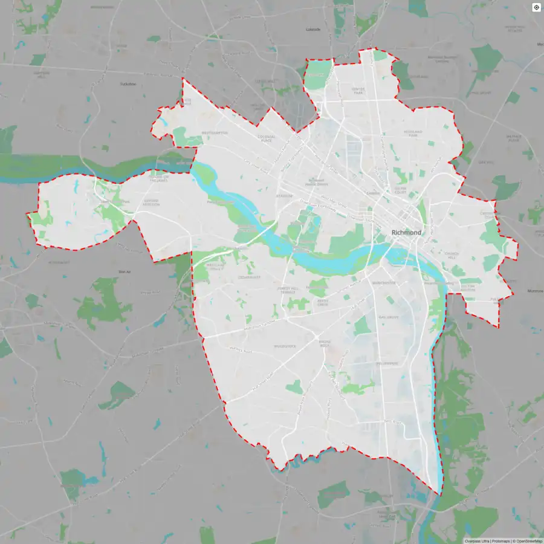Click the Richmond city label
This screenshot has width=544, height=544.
pyautogui.click(x=407, y=233)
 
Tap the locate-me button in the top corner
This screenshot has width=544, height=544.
pyautogui.click(x=536, y=7)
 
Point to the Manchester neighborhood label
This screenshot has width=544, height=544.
pyautogui.click(x=384, y=283)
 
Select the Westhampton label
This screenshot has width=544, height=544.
pyautogui.click(x=215, y=132)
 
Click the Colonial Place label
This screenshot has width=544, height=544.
pyautogui.click(x=267, y=138)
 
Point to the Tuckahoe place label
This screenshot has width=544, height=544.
pyautogui.click(x=129, y=84)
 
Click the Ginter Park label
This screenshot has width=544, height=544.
pyautogui.click(x=359, y=91)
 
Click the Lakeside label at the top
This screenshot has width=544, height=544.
pyautogui.click(x=313, y=29)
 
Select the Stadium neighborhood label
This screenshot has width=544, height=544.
pyautogui.click(x=284, y=196)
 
